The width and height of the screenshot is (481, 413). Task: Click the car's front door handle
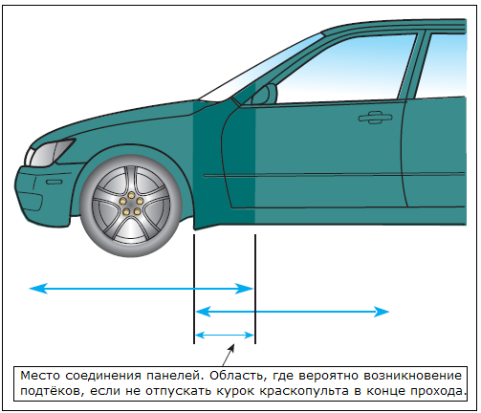pyautogui.click(x=375, y=118)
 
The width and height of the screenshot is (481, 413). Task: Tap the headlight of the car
pyautogui.click(x=50, y=153)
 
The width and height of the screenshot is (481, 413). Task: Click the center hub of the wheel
pyautogui.click(x=131, y=204)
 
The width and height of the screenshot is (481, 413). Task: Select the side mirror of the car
pyautogui.click(x=265, y=95)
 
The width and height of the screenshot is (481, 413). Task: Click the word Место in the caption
pyautogui.click(x=40, y=376)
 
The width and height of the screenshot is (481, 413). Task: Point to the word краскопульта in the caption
pyautogui.click(x=303, y=391)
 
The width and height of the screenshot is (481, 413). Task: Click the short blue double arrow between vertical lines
pyautogui.click(x=225, y=336)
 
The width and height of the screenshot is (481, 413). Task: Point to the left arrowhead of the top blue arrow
pyautogui.click(x=38, y=289)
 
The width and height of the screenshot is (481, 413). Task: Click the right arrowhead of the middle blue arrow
pyautogui.click(x=381, y=312)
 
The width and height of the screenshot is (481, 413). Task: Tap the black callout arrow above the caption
pyautogui.click(x=229, y=355)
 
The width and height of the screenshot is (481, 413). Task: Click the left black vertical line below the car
pyautogui.click(x=194, y=290)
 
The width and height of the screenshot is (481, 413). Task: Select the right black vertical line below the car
pyautogui.click(x=255, y=290)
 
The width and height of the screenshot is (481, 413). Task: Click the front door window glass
pyautogui.click(x=344, y=69)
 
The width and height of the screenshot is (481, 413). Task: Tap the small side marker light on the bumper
pyautogui.click(x=55, y=182)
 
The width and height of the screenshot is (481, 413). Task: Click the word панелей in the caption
pyautogui.click(x=175, y=376)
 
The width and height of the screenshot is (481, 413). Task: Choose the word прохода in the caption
pyautogui.click(x=439, y=391)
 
